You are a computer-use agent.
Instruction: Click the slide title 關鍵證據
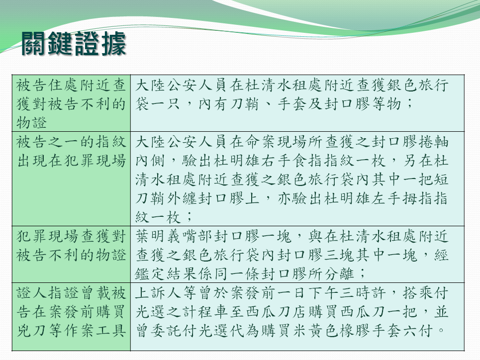click(x=74, y=44)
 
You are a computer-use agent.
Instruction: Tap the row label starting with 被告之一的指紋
click(x=71, y=151)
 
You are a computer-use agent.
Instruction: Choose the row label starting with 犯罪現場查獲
click(x=71, y=246)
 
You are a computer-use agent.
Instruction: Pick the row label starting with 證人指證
click(x=71, y=312)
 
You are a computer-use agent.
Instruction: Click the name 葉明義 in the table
click(x=159, y=236)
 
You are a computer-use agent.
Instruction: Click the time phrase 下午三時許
click(x=348, y=293)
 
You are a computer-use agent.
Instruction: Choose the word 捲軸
click(x=433, y=142)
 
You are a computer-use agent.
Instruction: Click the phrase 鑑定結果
click(x=167, y=274)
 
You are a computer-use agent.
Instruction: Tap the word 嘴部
click(x=198, y=236)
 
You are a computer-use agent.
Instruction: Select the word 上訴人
click(x=159, y=293)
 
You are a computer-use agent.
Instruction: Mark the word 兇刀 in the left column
click(x=31, y=331)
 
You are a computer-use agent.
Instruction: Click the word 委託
click(x=167, y=331)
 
